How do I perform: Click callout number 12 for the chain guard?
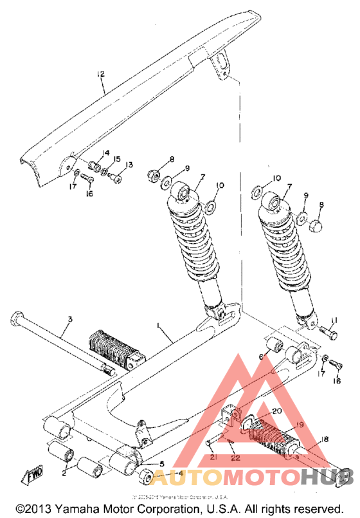(x=100, y=75)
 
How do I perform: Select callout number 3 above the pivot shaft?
(x=70, y=319)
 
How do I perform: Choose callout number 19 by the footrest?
(x=280, y=425)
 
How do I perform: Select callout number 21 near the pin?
(x=213, y=458)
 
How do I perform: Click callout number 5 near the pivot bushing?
(x=161, y=463)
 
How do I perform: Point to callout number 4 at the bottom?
(x=180, y=474)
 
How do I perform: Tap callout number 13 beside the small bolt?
(x=129, y=165)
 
